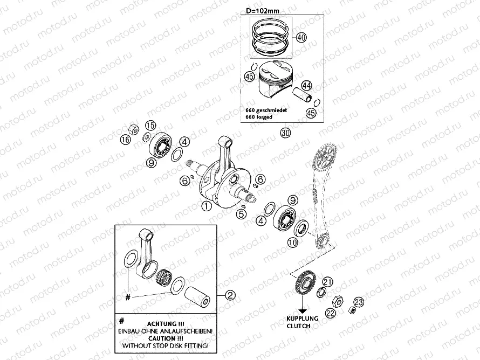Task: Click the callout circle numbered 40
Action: pos(301,38)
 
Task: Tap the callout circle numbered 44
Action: pos(306,86)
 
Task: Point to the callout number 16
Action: pos(126,141)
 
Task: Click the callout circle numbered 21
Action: pos(328,282)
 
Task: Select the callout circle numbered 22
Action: pos(330,312)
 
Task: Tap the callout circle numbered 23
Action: pos(359,302)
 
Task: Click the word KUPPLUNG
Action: pos(303,319)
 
